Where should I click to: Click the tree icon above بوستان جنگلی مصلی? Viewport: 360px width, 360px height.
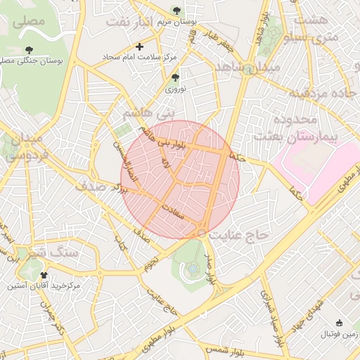click(29, 49)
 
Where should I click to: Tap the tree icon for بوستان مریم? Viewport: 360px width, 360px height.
click(176, 11)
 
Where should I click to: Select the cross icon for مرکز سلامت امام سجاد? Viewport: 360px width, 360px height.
click(139, 47)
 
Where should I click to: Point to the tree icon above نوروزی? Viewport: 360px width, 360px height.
click(175, 77)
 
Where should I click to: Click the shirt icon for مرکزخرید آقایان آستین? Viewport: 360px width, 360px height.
click(45, 275)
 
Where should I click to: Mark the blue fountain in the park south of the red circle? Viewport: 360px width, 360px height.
click(193, 268)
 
